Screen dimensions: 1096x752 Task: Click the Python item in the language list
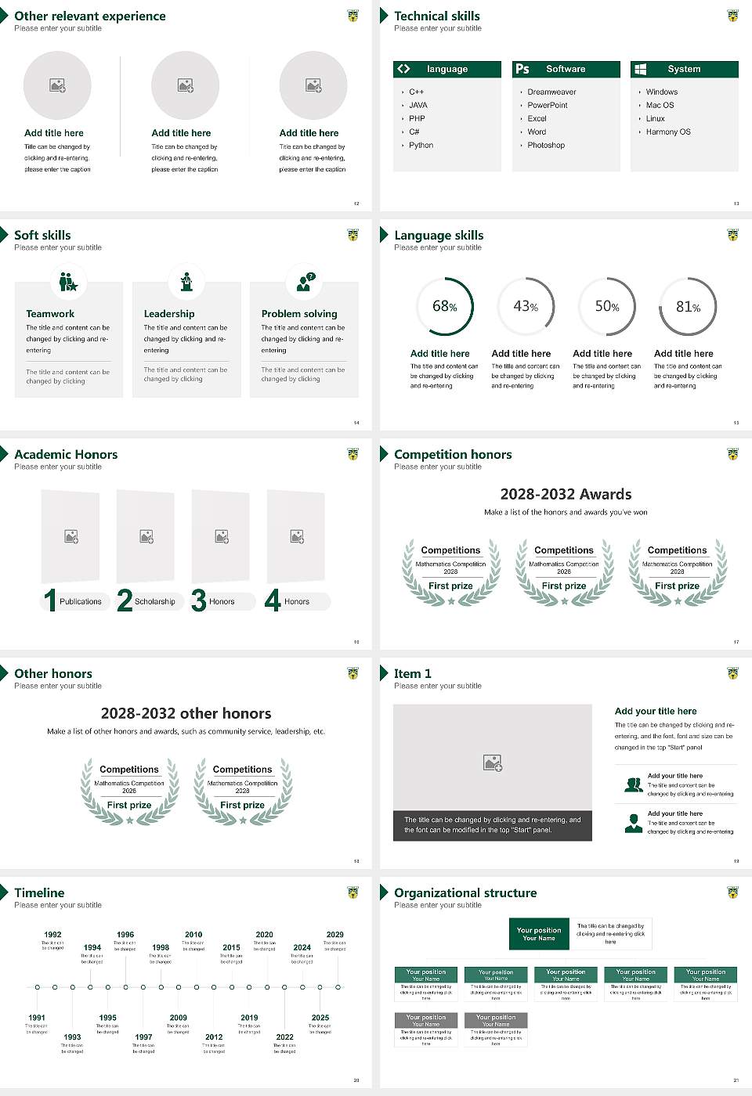click(421, 146)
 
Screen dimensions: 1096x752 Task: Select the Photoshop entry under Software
click(545, 146)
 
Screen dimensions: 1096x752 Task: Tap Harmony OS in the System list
click(667, 132)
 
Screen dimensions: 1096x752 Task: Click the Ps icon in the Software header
click(522, 69)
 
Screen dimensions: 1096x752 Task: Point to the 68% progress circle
click(445, 306)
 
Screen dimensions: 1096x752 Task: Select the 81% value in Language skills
click(688, 307)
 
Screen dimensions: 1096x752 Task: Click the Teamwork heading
click(50, 314)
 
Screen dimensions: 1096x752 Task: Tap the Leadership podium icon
click(186, 282)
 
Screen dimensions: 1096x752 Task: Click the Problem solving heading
click(299, 314)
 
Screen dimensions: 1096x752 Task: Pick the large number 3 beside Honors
click(198, 600)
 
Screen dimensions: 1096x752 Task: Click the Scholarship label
click(154, 602)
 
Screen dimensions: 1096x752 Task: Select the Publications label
click(80, 602)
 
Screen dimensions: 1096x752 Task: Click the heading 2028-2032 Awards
click(566, 494)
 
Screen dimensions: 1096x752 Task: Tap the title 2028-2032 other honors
click(186, 713)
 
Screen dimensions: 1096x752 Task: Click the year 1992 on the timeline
click(52, 935)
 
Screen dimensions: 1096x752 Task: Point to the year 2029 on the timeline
click(334, 935)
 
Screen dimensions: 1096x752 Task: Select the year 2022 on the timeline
click(284, 1037)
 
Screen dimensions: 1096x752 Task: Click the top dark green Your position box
click(539, 934)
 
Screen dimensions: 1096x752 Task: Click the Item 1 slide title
click(412, 673)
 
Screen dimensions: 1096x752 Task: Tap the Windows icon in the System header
click(640, 69)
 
